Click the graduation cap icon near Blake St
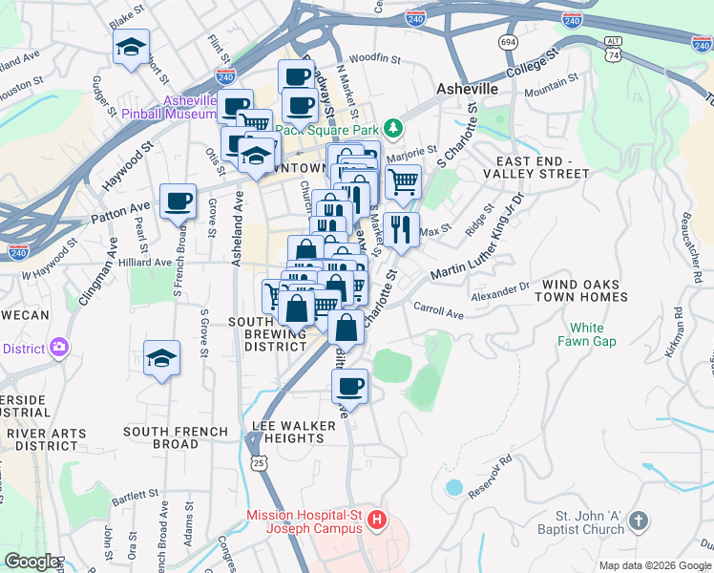point(131,47)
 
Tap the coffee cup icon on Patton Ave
point(178,202)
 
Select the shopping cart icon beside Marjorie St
point(403,180)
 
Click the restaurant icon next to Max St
point(401,229)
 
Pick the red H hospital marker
point(377,520)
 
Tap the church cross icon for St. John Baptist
point(639,521)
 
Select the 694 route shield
point(508,42)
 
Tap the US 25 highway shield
point(259,462)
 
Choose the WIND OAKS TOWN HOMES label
point(585,291)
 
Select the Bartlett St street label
point(135,495)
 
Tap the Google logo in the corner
point(31,562)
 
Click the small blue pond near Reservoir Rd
point(454,487)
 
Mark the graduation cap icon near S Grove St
point(161,359)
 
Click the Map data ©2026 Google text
point(654,565)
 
